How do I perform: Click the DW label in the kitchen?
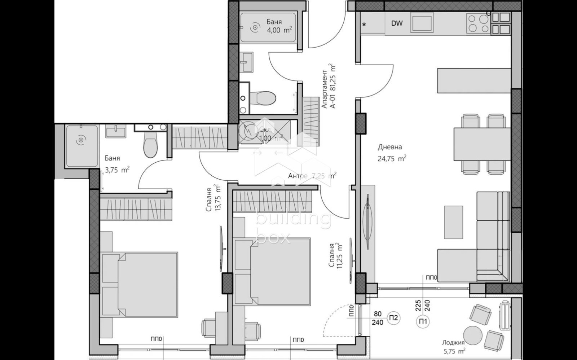click(397, 23)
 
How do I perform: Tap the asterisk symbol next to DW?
click(364, 25)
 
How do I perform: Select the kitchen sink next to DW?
click(422, 22)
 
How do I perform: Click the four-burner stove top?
click(478, 23)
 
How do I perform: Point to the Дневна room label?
click(390, 147)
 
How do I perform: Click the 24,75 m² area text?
click(392, 159)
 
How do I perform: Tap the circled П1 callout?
click(423, 321)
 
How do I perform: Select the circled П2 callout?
click(394, 318)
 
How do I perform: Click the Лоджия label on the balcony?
click(453, 343)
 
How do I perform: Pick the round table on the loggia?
click(473, 335)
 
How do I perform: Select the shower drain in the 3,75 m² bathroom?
click(82, 140)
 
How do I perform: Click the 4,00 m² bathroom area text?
click(279, 30)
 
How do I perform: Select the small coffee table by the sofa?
click(453, 222)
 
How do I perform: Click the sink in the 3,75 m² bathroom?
click(116, 131)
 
